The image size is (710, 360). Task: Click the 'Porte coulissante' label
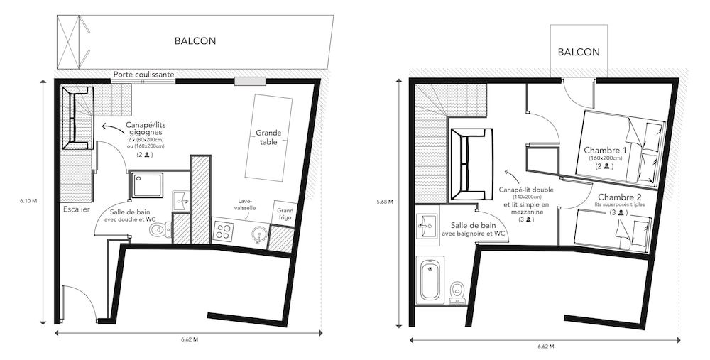143,73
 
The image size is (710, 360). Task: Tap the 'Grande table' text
269,137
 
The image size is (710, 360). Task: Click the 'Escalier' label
76,209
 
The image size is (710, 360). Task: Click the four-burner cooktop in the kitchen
224,231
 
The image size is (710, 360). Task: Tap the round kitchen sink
259,234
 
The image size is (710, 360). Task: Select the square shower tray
146,186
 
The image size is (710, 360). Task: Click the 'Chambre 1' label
606,151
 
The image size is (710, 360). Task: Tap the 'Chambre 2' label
620,197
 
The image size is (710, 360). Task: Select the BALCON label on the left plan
195,41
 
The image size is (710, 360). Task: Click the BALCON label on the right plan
579,52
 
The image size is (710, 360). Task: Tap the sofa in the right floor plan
470,165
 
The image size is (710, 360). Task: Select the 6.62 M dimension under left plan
189,339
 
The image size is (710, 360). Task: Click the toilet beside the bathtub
457,290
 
